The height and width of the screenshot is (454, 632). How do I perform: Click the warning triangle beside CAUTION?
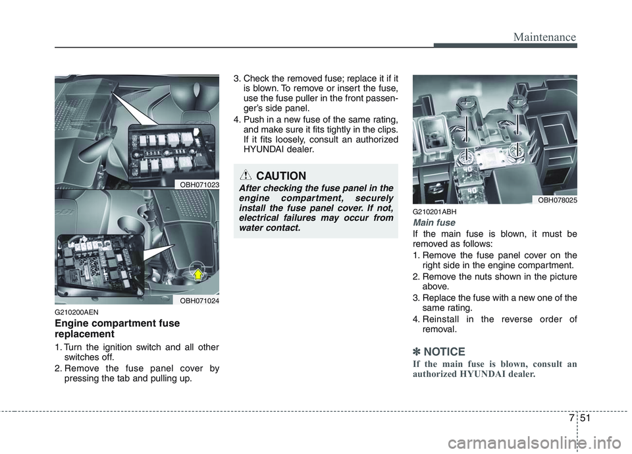tap(246, 175)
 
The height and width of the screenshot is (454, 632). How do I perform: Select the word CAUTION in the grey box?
tap(281, 176)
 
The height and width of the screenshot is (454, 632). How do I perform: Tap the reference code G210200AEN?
tap(78, 314)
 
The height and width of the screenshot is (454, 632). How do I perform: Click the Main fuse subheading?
tap(433, 223)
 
